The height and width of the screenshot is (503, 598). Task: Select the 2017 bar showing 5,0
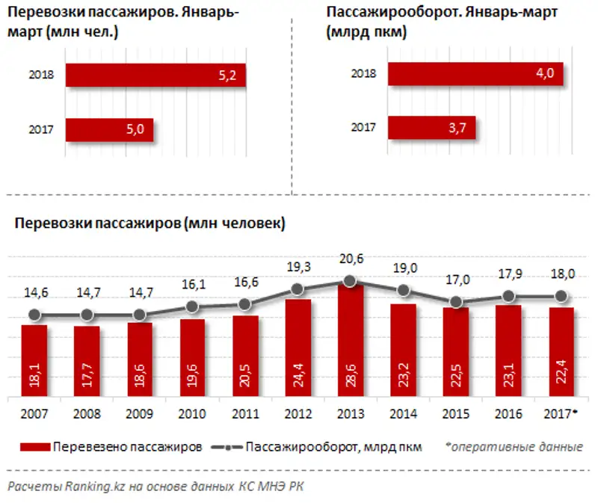click(109, 130)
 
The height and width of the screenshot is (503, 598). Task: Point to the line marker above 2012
click(298, 289)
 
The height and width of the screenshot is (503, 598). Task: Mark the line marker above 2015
click(456, 302)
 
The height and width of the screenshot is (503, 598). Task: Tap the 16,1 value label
click(192, 285)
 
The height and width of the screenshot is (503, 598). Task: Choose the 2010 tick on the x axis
click(192, 413)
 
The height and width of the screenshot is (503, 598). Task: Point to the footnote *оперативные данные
click(514, 447)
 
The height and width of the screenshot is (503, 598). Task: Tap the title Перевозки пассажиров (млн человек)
click(149, 223)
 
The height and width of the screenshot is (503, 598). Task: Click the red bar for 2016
click(509, 351)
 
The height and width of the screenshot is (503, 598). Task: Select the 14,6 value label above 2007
click(34, 292)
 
